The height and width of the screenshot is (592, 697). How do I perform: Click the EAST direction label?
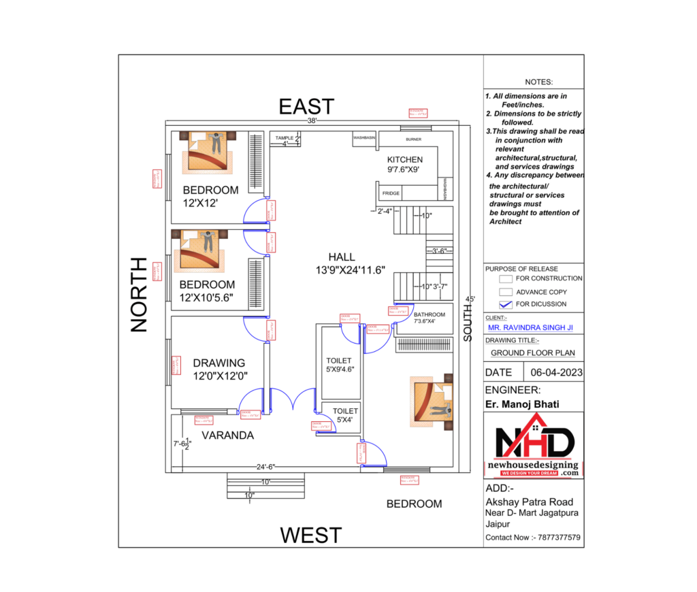pyautogui.click(x=306, y=106)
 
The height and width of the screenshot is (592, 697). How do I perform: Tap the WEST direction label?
pyautogui.click(x=311, y=535)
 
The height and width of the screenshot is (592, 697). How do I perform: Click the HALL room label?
pyautogui.click(x=342, y=257)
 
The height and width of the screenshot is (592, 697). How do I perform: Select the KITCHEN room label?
pyautogui.click(x=405, y=160)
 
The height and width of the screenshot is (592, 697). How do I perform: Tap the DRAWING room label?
pyautogui.click(x=218, y=363)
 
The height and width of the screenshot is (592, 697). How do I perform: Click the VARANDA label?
pyautogui.click(x=227, y=435)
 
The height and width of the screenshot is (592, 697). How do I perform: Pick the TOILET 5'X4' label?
pyautogui.click(x=345, y=411)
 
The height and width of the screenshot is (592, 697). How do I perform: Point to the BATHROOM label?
pyautogui.click(x=429, y=314)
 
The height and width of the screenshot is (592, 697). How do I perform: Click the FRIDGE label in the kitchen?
pyautogui.click(x=391, y=193)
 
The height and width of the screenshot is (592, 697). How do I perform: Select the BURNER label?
pyautogui.click(x=413, y=139)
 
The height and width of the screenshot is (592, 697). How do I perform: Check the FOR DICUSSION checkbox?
pyautogui.click(x=505, y=304)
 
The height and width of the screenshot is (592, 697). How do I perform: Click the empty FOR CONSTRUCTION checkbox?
pyautogui.click(x=505, y=278)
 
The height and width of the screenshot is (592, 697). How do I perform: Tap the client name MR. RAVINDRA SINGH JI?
pyautogui.click(x=530, y=327)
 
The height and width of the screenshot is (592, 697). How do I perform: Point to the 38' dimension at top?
pyautogui.click(x=312, y=120)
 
